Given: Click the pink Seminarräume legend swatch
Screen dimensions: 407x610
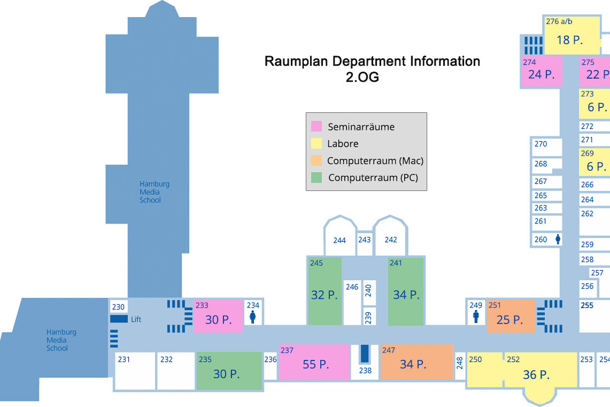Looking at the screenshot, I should click(316, 126).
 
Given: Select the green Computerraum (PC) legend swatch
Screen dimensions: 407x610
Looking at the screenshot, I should click(316, 177).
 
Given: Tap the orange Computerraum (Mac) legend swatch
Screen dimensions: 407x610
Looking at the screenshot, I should click(316, 160).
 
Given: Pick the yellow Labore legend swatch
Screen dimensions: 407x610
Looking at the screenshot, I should click(316, 143).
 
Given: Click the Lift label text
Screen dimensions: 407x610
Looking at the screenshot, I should click(136, 319).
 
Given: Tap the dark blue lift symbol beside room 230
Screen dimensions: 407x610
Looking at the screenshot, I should click(119, 319).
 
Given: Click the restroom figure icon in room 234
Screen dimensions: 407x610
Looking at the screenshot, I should click(253, 317).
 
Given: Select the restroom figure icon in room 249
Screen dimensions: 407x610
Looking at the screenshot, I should click(476, 316).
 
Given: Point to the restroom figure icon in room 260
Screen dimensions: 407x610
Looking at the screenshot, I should click(558, 239).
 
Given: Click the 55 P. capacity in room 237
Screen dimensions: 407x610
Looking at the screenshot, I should click(315, 364).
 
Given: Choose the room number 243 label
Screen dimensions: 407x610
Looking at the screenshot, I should click(364, 240).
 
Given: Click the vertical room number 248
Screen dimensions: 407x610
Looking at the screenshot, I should click(460, 363).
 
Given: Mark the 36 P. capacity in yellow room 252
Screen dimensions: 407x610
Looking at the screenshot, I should click(536, 375).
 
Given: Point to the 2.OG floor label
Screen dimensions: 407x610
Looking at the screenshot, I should click(362, 77).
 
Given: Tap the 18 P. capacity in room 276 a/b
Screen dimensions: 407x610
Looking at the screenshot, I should click(569, 40).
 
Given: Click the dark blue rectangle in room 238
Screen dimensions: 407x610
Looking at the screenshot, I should click(364, 354).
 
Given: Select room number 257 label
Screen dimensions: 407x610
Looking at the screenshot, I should click(597, 273).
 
